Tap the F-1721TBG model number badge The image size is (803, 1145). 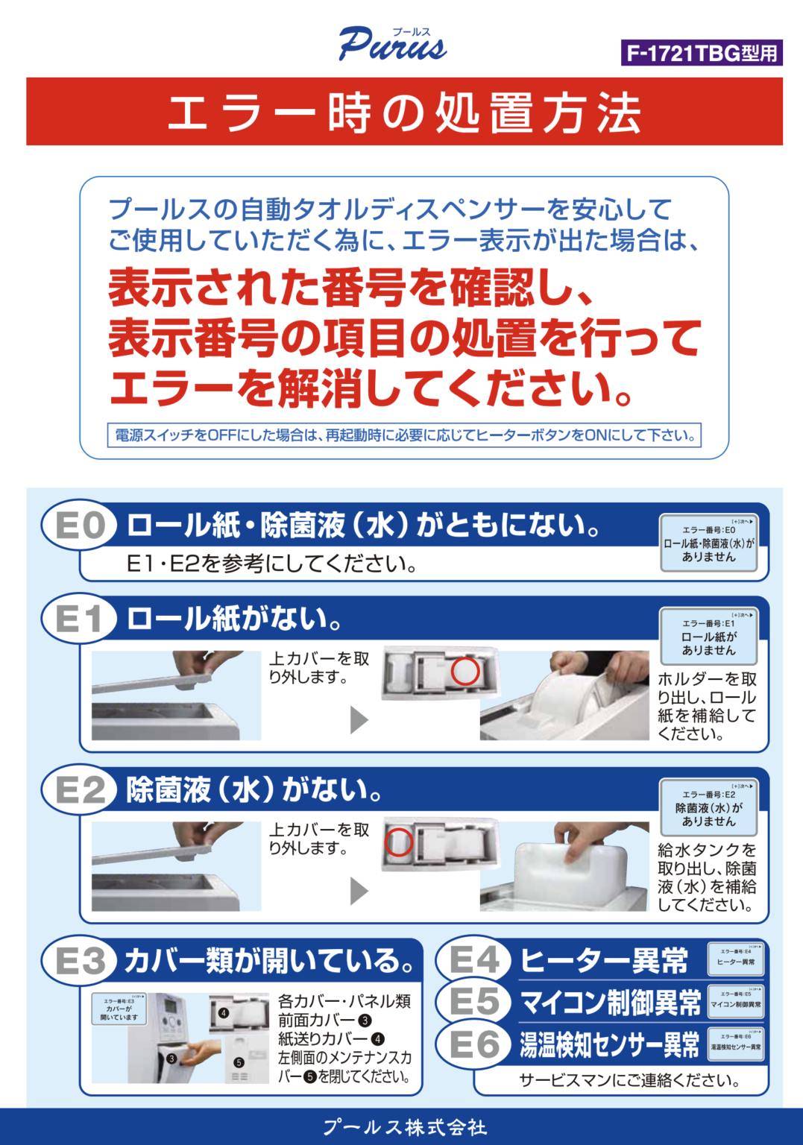(x=701, y=53)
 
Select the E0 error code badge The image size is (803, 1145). (x=80, y=526)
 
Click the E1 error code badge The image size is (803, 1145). (x=80, y=619)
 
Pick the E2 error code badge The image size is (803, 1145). (x=80, y=789)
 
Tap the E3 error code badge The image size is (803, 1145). (x=80, y=960)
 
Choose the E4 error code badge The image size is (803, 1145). (x=473, y=959)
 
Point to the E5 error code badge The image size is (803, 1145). (x=473, y=1001)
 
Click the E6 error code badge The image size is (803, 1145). (x=473, y=1044)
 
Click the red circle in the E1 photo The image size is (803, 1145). (x=465, y=671)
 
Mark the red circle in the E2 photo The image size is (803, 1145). (x=398, y=842)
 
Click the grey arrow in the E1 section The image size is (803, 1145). (x=359, y=719)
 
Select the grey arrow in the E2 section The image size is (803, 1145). (x=359, y=890)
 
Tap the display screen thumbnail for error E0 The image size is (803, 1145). (x=708, y=543)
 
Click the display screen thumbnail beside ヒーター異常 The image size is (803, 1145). (x=736, y=958)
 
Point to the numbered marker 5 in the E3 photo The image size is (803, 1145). (x=239, y=1062)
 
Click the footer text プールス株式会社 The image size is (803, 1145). (x=404, y=1127)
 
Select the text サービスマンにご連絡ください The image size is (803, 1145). (x=629, y=1080)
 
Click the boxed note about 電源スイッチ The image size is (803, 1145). (x=404, y=435)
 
